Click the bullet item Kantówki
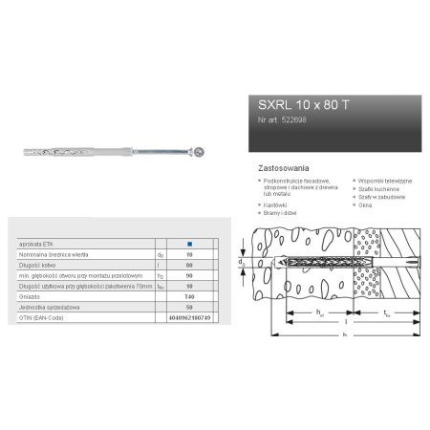(x=277, y=204)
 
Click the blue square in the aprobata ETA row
(x=188, y=247)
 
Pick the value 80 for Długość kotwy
(x=188, y=266)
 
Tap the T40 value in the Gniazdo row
(x=188, y=297)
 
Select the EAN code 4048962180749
(x=188, y=316)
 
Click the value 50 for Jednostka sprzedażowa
(x=188, y=306)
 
